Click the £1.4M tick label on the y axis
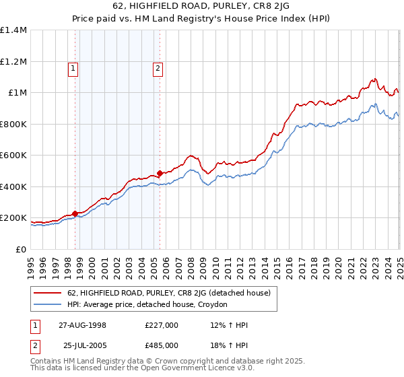(x=13, y=30)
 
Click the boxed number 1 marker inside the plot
(x=72, y=67)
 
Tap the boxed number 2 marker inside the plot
(x=158, y=67)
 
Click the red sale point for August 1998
(x=75, y=214)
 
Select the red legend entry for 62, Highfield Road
(x=168, y=293)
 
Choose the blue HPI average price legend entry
(x=147, y=305)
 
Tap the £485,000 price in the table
(x=162, y=345)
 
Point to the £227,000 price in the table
(x=162, y=325)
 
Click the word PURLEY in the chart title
(x=202, y=7)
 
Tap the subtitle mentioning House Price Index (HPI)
(x=202, y=20)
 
